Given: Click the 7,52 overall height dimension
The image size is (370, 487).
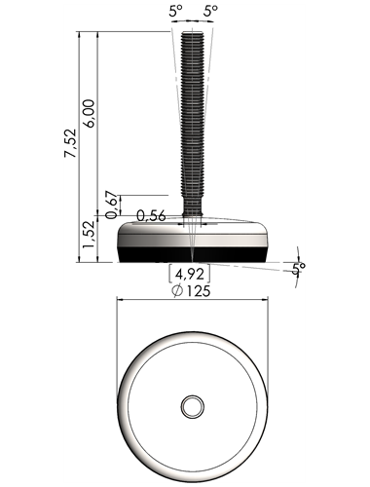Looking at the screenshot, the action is (x=70, y=143).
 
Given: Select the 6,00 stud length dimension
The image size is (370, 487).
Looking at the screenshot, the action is (x=89, y=113).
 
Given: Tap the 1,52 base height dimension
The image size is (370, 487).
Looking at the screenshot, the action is (x=89, y=235).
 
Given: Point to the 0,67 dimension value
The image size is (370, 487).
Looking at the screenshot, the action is (x=111, y=205).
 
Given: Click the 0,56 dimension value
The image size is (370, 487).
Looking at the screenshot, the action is (x=151, y=215).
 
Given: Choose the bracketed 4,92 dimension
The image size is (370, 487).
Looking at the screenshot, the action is (x=190, y=274).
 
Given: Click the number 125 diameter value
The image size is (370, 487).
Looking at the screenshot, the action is (x=199, y=291).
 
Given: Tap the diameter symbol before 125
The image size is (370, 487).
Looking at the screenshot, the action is (x=177, y=291).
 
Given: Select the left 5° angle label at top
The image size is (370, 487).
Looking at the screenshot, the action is (x=175, y=12).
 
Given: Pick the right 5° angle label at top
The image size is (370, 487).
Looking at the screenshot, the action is (x=210, y=12).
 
